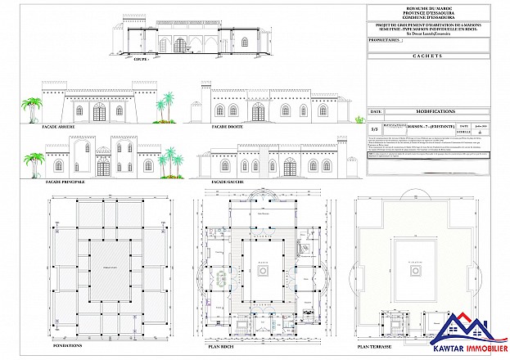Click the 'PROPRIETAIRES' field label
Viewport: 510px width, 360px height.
coord(386,38)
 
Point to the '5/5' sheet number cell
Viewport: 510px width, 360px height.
coord(375,129)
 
